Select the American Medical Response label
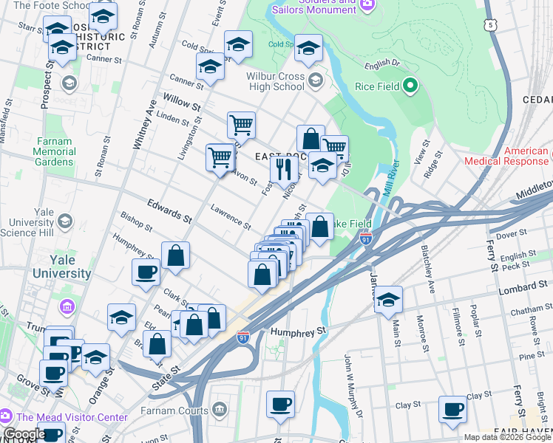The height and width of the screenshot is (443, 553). click(506, 156)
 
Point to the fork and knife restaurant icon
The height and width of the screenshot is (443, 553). click(283, 169)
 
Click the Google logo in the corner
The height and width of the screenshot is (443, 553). click(24, 434)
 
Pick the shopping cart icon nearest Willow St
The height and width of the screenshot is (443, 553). click(241, 126)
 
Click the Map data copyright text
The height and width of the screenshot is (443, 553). click(506, 437)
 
